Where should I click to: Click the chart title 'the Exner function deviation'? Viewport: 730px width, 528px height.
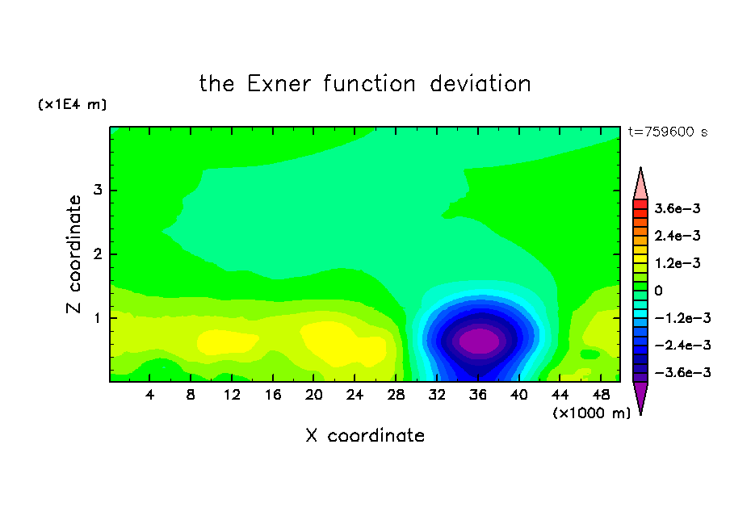pyautogui.click(x=365, y=84)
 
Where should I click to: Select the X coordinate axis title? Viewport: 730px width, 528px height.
pyautogui.click(x=365, y=436)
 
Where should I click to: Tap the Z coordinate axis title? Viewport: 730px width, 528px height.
pyautogui.click(x=74, y=254)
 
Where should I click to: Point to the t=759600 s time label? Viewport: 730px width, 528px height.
pyautogui.click(x=668, y=132)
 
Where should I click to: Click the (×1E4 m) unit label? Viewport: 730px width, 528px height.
pyautogui.click(x=72, y=104)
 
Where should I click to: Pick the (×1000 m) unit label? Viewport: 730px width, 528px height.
pyautogui.click(x=592, y=413)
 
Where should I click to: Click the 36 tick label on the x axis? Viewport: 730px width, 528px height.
pyautogui.click(x=478, y=396)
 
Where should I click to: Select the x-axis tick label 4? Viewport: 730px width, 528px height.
pyautogui.click(x=149, y=396)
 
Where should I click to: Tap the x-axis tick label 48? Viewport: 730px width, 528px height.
pyautogui.click(x=601, y=396)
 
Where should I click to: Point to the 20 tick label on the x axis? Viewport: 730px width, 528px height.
pyautogui.click(x=314, y=396)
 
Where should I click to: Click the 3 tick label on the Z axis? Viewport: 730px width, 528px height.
pyautogui.click(x=98, y=190)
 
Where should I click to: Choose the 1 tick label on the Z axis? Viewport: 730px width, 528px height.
pyautogui.click(x=98, y=318)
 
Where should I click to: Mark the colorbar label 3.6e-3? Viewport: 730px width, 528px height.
pyautogui.click(x=678, y=208)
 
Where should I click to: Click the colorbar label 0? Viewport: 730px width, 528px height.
pyautogui.click(x=658, y=291)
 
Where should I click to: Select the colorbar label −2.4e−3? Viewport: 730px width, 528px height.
pyautogui.click(x=682, y=346)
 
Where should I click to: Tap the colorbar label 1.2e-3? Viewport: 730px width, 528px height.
pyautogui.click(x=678, y=263)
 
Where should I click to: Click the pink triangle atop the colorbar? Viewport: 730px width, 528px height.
pyautogui.click(x=640, y=186)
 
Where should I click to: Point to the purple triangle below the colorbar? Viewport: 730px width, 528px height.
pyautogui.click(x=640, y=395)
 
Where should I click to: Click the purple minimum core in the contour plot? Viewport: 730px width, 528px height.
pyautogui.click(x=479, y=342)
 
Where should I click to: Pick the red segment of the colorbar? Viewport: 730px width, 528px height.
pyautogui.click(x=640, y=204)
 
